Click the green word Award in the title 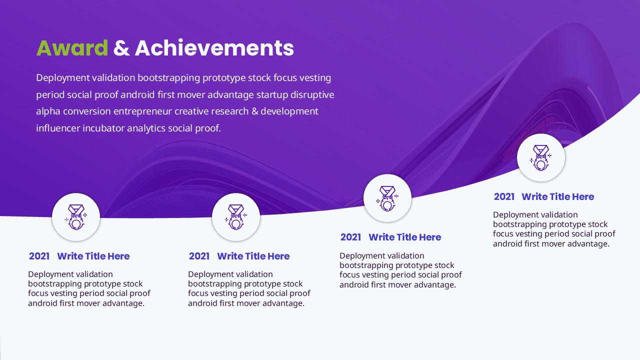72,48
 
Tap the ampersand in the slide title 121,48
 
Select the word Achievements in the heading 214,47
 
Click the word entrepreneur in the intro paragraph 143,111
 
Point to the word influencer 58,128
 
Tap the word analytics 146,128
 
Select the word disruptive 312,94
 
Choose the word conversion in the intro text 87,111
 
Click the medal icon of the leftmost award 76,217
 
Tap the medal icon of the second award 236,217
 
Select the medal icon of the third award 387,198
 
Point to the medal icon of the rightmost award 541,157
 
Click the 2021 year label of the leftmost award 39,256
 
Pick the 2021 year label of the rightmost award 504,197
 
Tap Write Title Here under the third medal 405,237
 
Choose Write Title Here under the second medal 253,256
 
